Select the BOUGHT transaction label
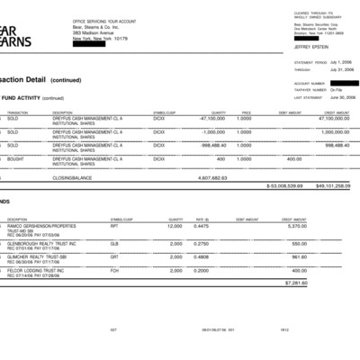13,158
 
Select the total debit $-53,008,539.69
287,185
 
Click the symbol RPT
115,225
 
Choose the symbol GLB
115,244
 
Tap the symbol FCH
115,271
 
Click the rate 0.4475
201,225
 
